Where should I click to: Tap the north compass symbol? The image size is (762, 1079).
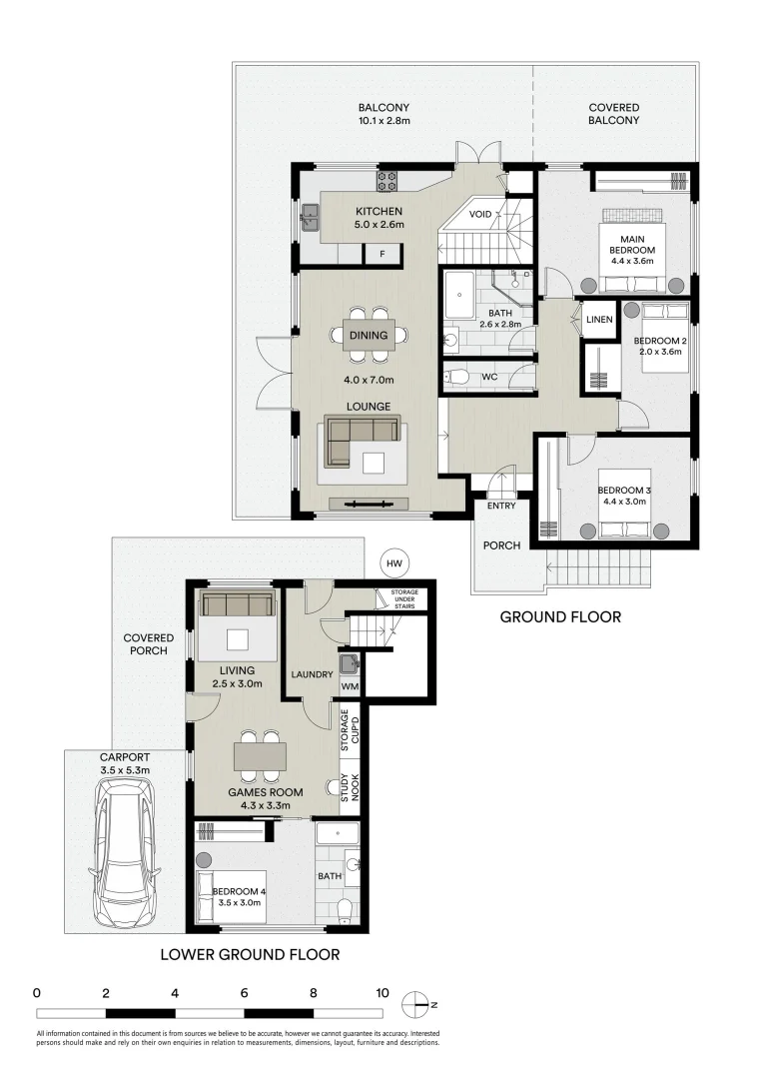point(416,1004)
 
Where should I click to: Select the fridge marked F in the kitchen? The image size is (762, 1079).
point(381,254)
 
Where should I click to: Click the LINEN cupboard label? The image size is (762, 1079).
point(599,320)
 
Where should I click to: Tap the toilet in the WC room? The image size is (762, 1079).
point(457,377)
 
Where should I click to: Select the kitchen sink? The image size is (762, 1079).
point(311,214)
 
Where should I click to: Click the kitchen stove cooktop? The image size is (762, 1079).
point(386,181)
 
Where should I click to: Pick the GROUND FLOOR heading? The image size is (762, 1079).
point(559,617)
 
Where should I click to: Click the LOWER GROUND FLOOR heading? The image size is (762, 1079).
point(250,954)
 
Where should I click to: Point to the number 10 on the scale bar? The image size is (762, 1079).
point(381,993)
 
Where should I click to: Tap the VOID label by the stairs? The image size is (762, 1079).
point(479,214)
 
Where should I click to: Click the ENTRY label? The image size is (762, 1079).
point(501,506)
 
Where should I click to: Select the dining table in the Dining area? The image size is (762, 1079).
point(369,336)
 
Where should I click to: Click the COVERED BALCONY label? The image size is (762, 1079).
point(613,114)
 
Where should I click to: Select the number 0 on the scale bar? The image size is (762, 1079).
point(36,993)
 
